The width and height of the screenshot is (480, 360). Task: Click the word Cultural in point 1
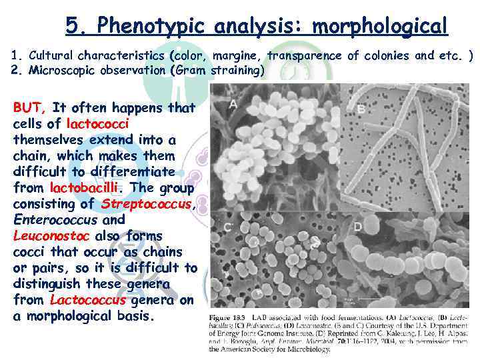coord(51,55)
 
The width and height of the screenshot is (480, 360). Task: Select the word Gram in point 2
coord(191,69)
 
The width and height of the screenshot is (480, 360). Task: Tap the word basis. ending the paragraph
coord(131,315)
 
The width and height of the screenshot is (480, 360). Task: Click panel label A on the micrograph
coord(233,104)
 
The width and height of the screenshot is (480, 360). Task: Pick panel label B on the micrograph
coord(361,109)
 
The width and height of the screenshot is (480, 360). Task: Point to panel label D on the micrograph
coord(357,227)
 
